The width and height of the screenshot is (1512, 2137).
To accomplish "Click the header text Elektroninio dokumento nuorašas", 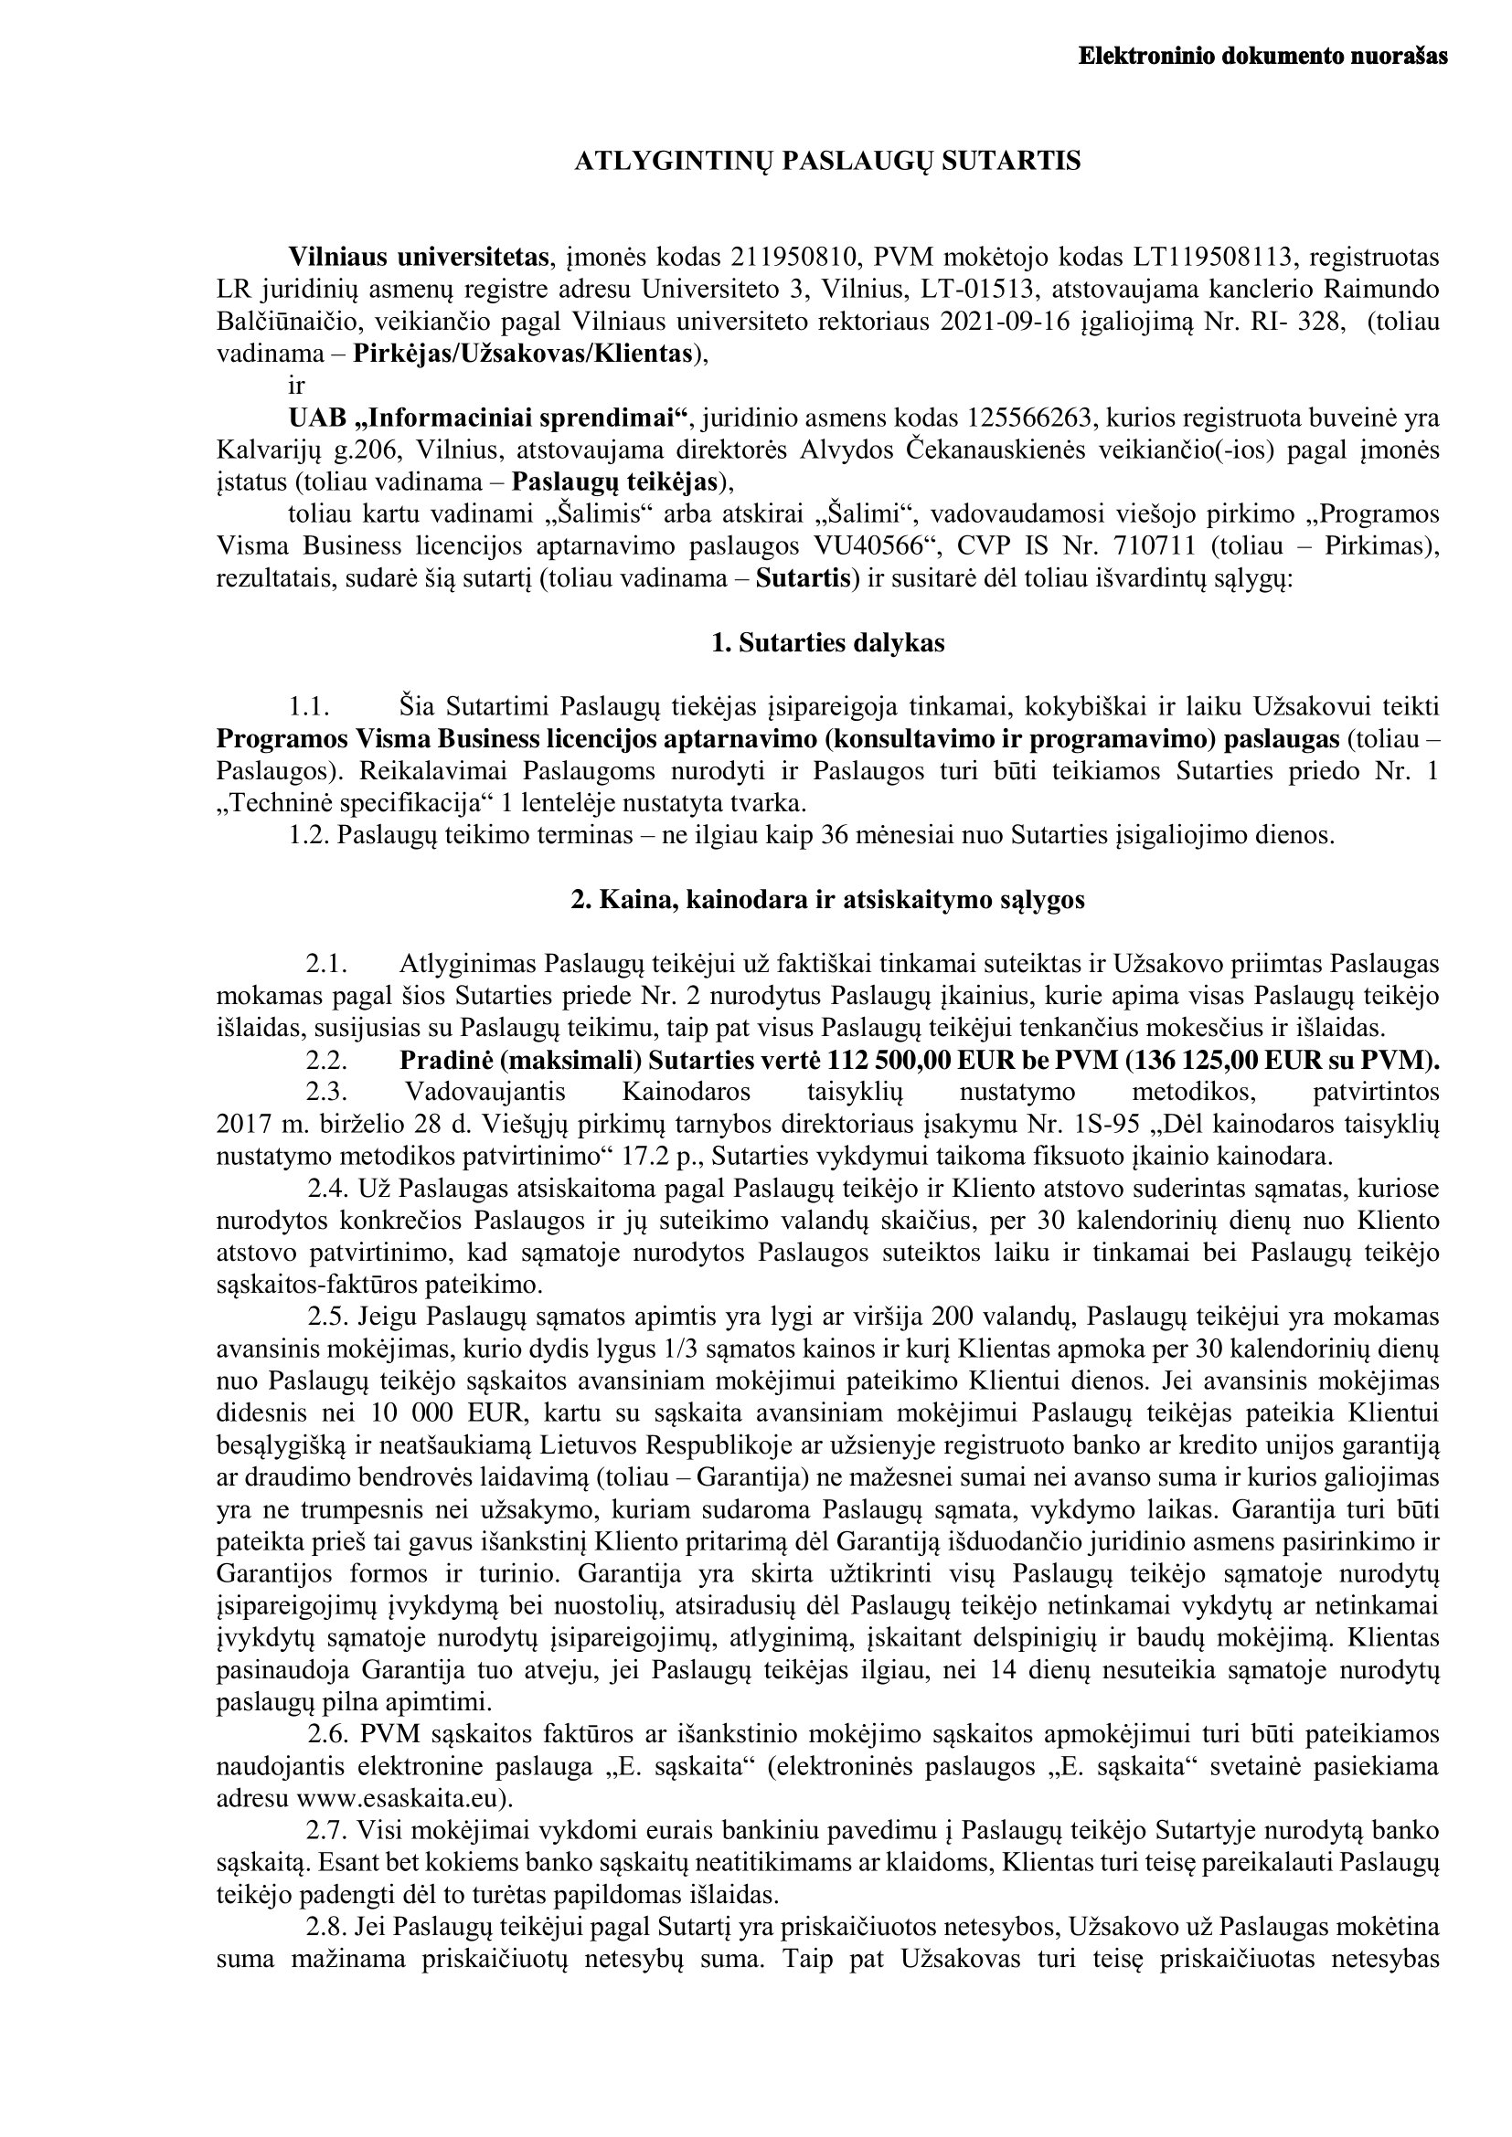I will [x=1262, y=57].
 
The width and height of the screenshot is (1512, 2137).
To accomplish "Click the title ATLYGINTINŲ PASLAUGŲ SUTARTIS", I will [x=827, y=162].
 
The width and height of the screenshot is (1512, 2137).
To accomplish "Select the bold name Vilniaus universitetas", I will [x=418, y=257].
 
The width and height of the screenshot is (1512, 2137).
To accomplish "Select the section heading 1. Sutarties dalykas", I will [x=827, y=643].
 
